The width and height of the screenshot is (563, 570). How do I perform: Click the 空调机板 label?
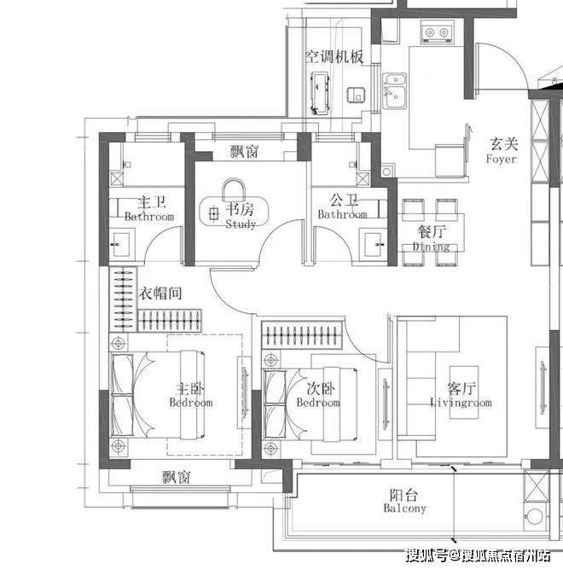point(334,56)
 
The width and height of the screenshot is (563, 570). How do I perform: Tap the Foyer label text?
point(502,160)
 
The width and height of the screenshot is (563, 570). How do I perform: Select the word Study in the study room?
point(241,224)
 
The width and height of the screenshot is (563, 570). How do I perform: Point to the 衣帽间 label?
point(160,293)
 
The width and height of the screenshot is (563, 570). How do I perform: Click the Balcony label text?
point(404,508)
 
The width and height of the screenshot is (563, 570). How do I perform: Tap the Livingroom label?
point(461,403)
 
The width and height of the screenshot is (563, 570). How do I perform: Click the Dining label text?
point(431,247)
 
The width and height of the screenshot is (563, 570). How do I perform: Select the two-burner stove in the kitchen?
point(438,32)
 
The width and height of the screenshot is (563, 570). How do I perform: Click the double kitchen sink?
point(394,90)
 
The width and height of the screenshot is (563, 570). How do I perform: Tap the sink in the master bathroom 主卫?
point(120,244)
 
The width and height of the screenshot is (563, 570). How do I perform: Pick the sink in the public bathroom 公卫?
point(374,245)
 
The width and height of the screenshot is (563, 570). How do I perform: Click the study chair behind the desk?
point(234,189)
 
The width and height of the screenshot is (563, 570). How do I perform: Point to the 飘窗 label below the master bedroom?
point(177,477)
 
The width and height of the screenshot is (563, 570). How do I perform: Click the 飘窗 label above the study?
point(244,151)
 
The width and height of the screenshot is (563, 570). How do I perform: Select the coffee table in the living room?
point(464,393)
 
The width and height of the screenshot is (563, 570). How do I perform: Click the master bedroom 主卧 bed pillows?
point(122,395)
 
